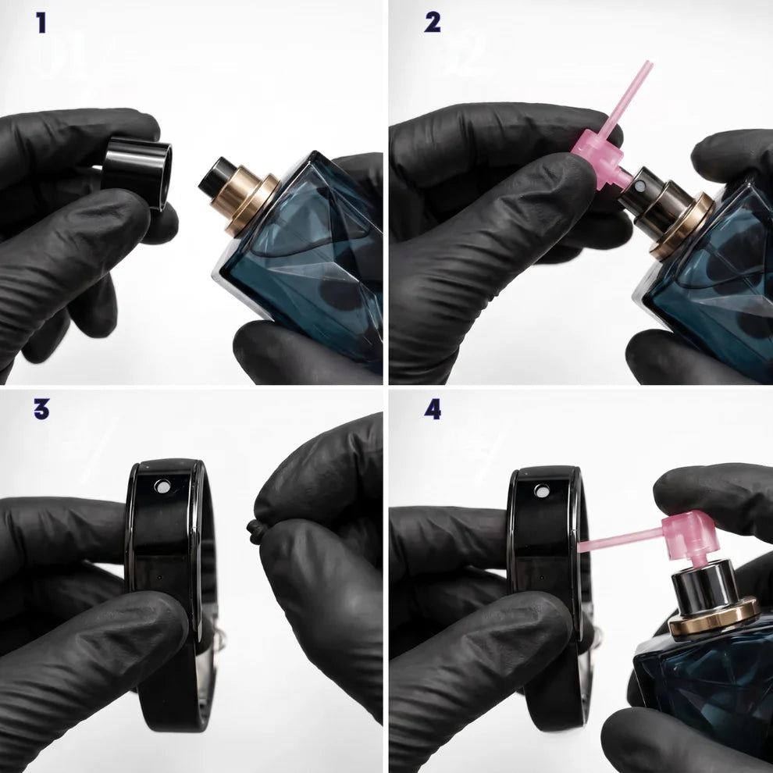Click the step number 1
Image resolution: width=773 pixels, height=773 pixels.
(42, 23)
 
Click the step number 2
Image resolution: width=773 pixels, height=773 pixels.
(433, 23)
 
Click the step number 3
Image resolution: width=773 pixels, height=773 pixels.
(42, 408)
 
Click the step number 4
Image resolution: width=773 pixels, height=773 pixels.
(433, 409)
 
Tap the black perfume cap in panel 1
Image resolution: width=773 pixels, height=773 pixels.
(137, 173)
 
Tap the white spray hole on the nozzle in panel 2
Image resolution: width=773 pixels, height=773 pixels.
(640, 186)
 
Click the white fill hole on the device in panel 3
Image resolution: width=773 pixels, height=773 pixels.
(162, 486)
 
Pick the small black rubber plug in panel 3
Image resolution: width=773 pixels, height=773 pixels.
(255, 533)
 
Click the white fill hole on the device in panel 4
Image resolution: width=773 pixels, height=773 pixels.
(543, 491)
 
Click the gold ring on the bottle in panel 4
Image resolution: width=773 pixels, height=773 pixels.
(714, 616)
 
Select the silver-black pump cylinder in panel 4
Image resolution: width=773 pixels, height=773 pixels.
(706, 586)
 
